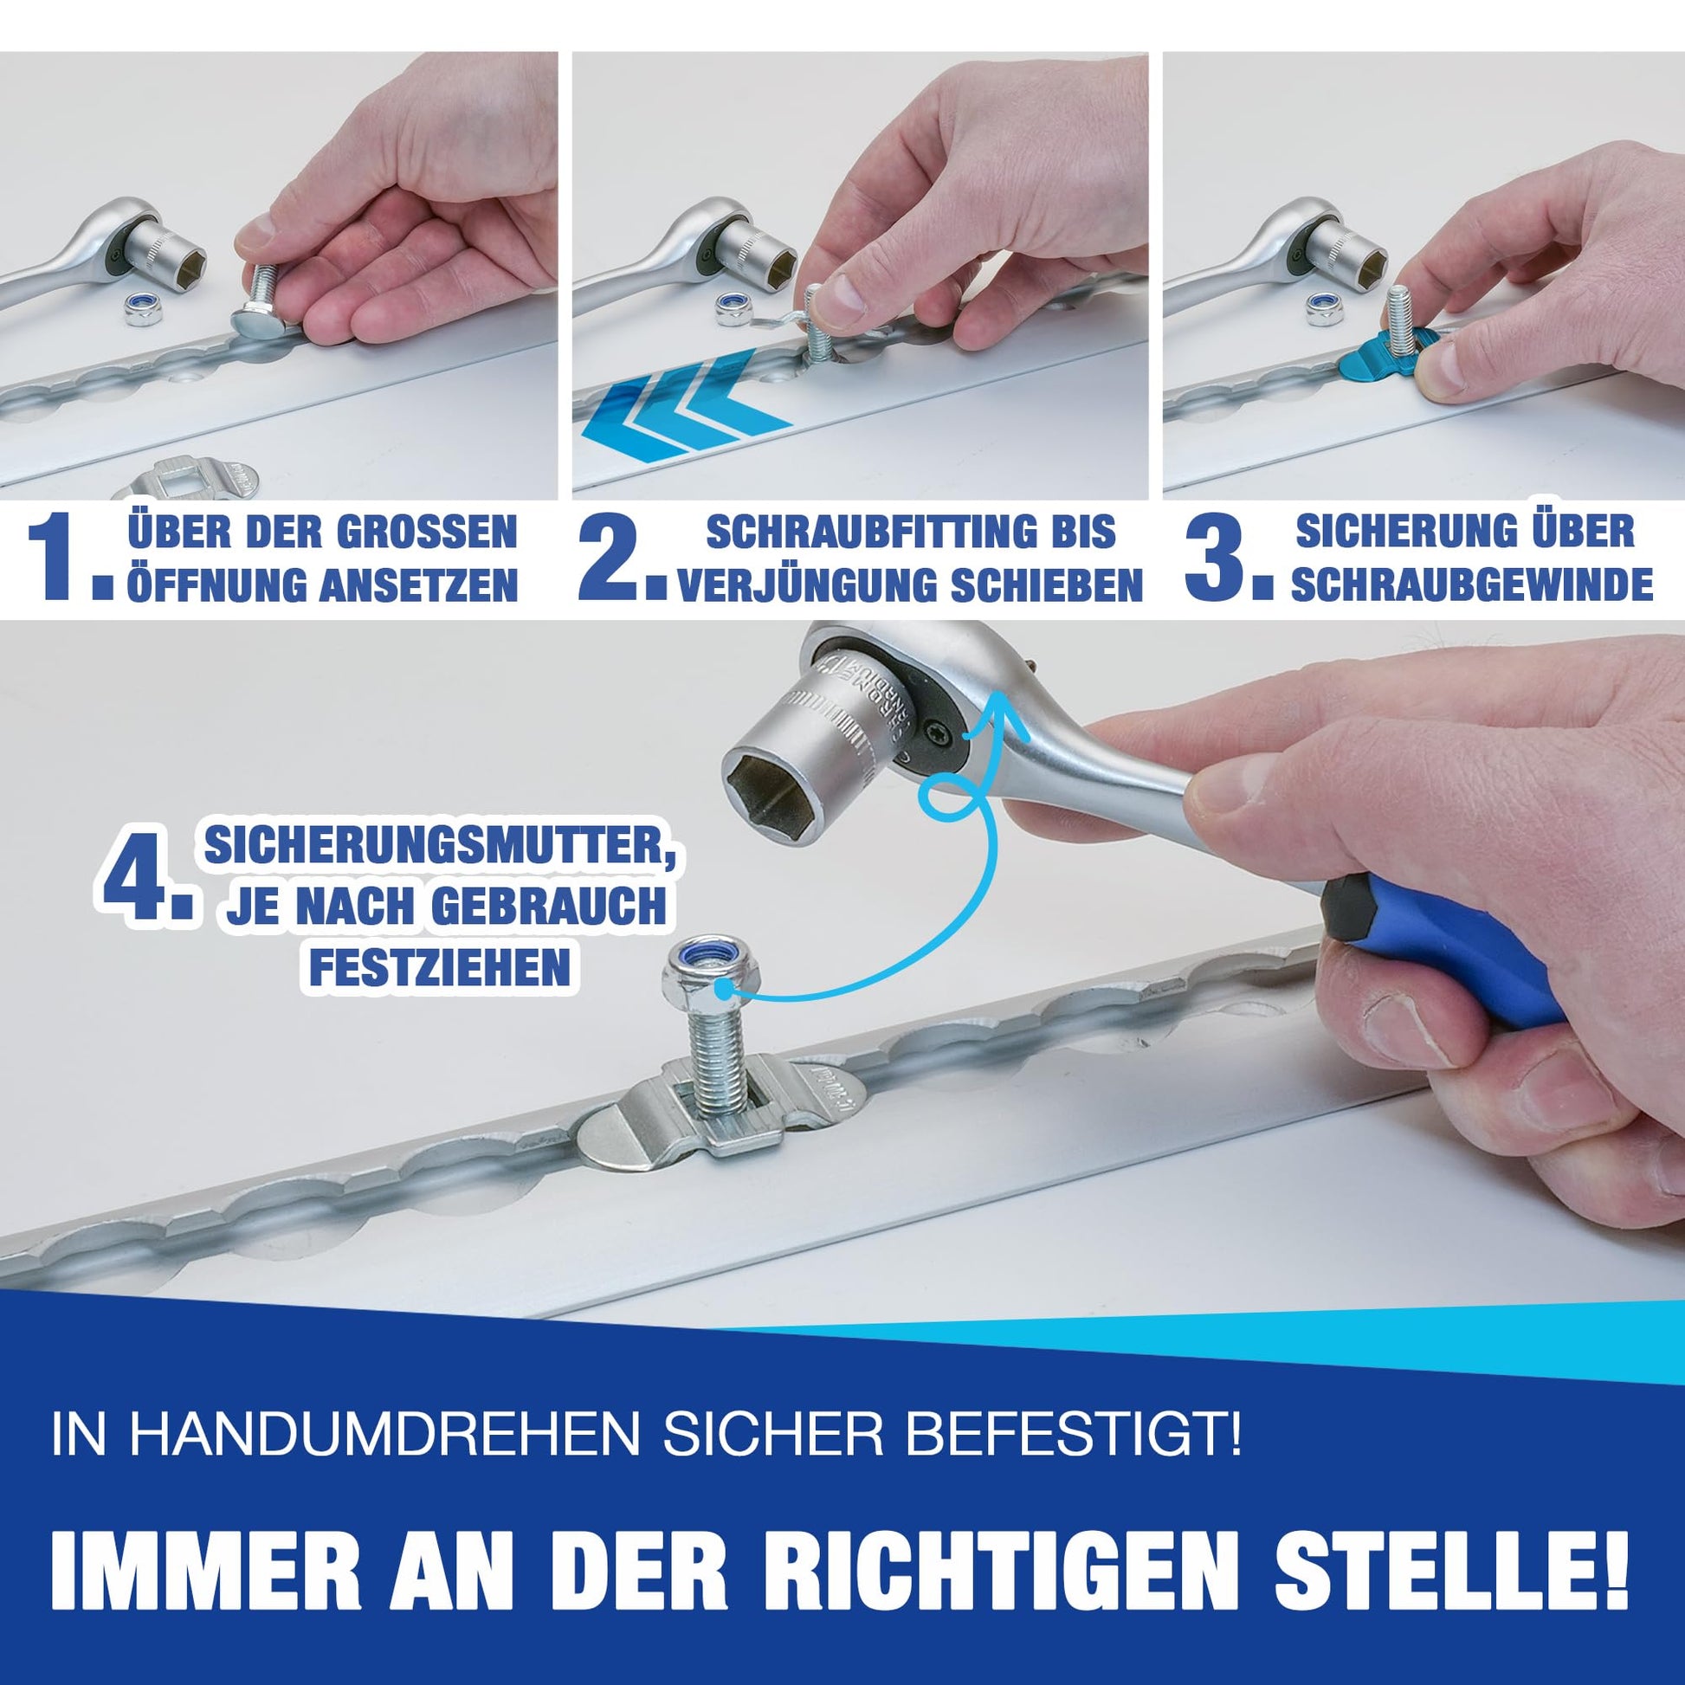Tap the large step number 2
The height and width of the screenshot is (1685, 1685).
point(619,558)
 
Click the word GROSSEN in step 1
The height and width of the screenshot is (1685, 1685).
point(427,532)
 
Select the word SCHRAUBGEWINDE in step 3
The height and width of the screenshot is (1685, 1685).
point(1472,584)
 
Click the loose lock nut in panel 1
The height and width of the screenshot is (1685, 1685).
point(141,308)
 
